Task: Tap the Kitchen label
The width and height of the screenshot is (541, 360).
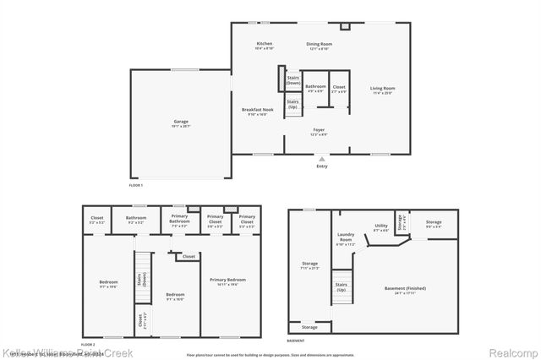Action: click(265, 43)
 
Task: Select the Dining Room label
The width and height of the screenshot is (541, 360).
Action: click(319, 43)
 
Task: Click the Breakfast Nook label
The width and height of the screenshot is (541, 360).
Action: click(257, 110)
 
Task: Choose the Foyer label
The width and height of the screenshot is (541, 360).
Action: click(319, 129)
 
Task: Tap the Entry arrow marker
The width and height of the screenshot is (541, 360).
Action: click(321, 158)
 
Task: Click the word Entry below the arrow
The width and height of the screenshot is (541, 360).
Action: click(321, 166)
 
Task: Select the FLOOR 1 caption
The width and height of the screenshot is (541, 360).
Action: click(135, 184)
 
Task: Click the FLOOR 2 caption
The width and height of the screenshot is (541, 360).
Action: click(87, 345)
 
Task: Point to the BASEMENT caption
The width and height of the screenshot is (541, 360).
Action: click(296, 341)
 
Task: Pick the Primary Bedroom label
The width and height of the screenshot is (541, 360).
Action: click(228, 280)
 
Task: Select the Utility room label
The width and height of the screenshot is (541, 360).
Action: click(380, 226)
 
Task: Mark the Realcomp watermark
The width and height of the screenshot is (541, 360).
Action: click(513, 352)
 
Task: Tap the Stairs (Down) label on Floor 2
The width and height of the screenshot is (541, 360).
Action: click(140, 281)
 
